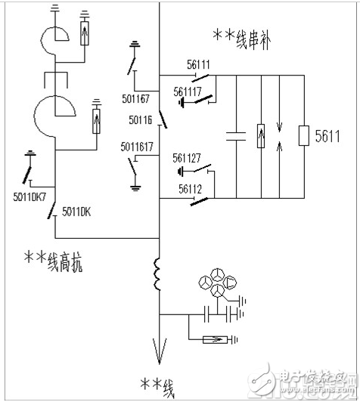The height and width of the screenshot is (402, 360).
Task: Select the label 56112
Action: click(x=191, y=190)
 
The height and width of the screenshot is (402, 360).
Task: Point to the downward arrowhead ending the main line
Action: click(x=160, y=351)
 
